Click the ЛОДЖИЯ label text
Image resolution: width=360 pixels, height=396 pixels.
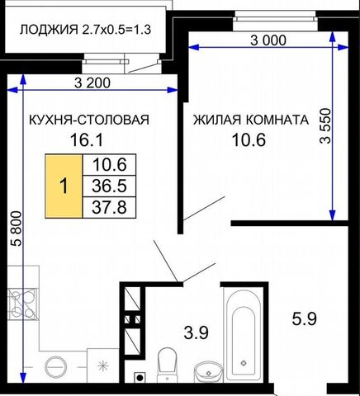tap(49, 30)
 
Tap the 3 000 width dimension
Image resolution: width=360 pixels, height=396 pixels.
tap(268, 40)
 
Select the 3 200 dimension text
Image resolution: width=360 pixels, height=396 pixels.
tap(92, 82)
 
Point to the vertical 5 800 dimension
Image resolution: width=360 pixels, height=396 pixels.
tap(16, 229)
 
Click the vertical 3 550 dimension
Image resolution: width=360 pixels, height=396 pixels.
tap(325, 125)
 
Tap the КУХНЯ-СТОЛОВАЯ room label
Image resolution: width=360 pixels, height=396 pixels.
tap(89, 120)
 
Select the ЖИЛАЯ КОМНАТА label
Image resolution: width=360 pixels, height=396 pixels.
tap(250, 120)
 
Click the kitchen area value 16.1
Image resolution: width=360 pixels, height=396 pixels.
tap(87, 139)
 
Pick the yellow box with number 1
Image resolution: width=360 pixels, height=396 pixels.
tap(64, 186)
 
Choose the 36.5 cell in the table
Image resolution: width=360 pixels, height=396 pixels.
tap(109, 186)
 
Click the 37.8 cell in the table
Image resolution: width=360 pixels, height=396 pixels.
tap(109, 207)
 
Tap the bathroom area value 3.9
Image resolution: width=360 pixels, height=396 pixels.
tap(196, 332)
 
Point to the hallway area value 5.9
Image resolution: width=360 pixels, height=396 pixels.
tap(305, 319)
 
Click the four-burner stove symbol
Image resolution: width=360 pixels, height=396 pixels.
tap(22, 304)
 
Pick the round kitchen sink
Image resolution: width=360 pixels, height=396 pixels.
tap(56, 367)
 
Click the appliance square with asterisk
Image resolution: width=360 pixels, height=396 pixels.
tap(103, 365)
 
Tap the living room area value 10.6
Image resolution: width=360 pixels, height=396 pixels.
tap(249, 139)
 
